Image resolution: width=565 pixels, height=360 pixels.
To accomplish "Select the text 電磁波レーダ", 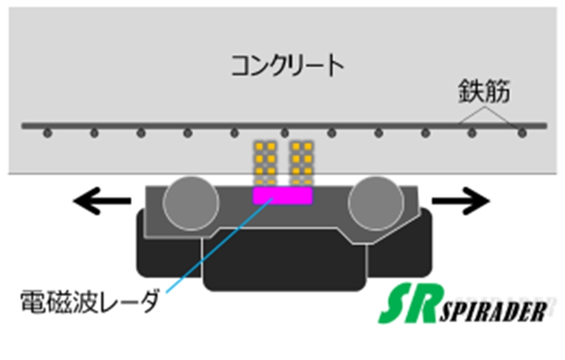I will [x=88, y=300].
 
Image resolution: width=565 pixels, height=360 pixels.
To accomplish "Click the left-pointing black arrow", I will [x=101, y=201].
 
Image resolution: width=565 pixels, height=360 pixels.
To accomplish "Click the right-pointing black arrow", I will [x=461, y=201].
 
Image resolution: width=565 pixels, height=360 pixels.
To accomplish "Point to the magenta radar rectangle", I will [x=282, y=196].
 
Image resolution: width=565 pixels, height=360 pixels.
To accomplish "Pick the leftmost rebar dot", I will [x=48, y=133].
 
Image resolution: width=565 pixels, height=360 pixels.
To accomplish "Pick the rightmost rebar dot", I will [x=522, y=133].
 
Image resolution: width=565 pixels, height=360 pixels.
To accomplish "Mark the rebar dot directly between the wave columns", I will [x=285, y=133].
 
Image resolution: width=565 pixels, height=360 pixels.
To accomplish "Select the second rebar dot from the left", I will [x=95, y=133].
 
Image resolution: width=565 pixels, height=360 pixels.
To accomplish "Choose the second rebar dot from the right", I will [x=472, y=133].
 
